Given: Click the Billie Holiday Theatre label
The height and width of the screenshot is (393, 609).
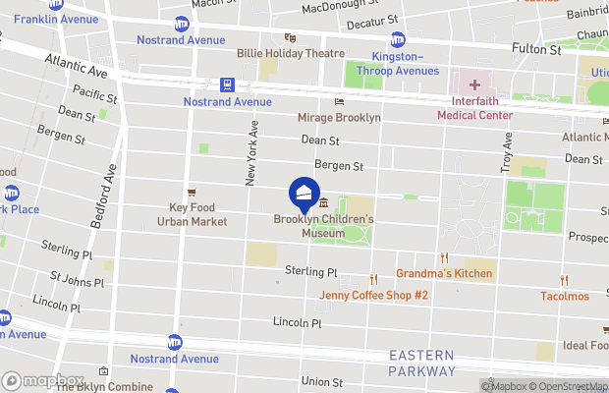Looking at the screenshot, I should pyautogui.click(x=290, y=53).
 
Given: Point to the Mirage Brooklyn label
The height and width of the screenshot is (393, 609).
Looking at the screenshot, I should pyautogui.click(x=338, y=117).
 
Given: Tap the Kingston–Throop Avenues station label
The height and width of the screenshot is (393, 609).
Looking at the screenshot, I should pyautogui.click(x=397, y=63).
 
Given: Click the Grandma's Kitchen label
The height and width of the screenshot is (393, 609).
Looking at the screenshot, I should pyautogui.click(x=444, y=273).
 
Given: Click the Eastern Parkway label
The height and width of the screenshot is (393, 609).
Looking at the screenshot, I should pyautogui.click(x=421, y=363).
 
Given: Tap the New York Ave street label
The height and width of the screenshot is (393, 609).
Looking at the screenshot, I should pyautogui.click(x=251, y=152).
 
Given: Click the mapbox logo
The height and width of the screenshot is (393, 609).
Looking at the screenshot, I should pyautogui.click(x=41, y=379).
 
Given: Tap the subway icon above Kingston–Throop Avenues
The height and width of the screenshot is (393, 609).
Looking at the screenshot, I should pyautogui.click(x=397, y=39).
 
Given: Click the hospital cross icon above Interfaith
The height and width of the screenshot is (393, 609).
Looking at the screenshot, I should pyautogui.click(x=474, y=85).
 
